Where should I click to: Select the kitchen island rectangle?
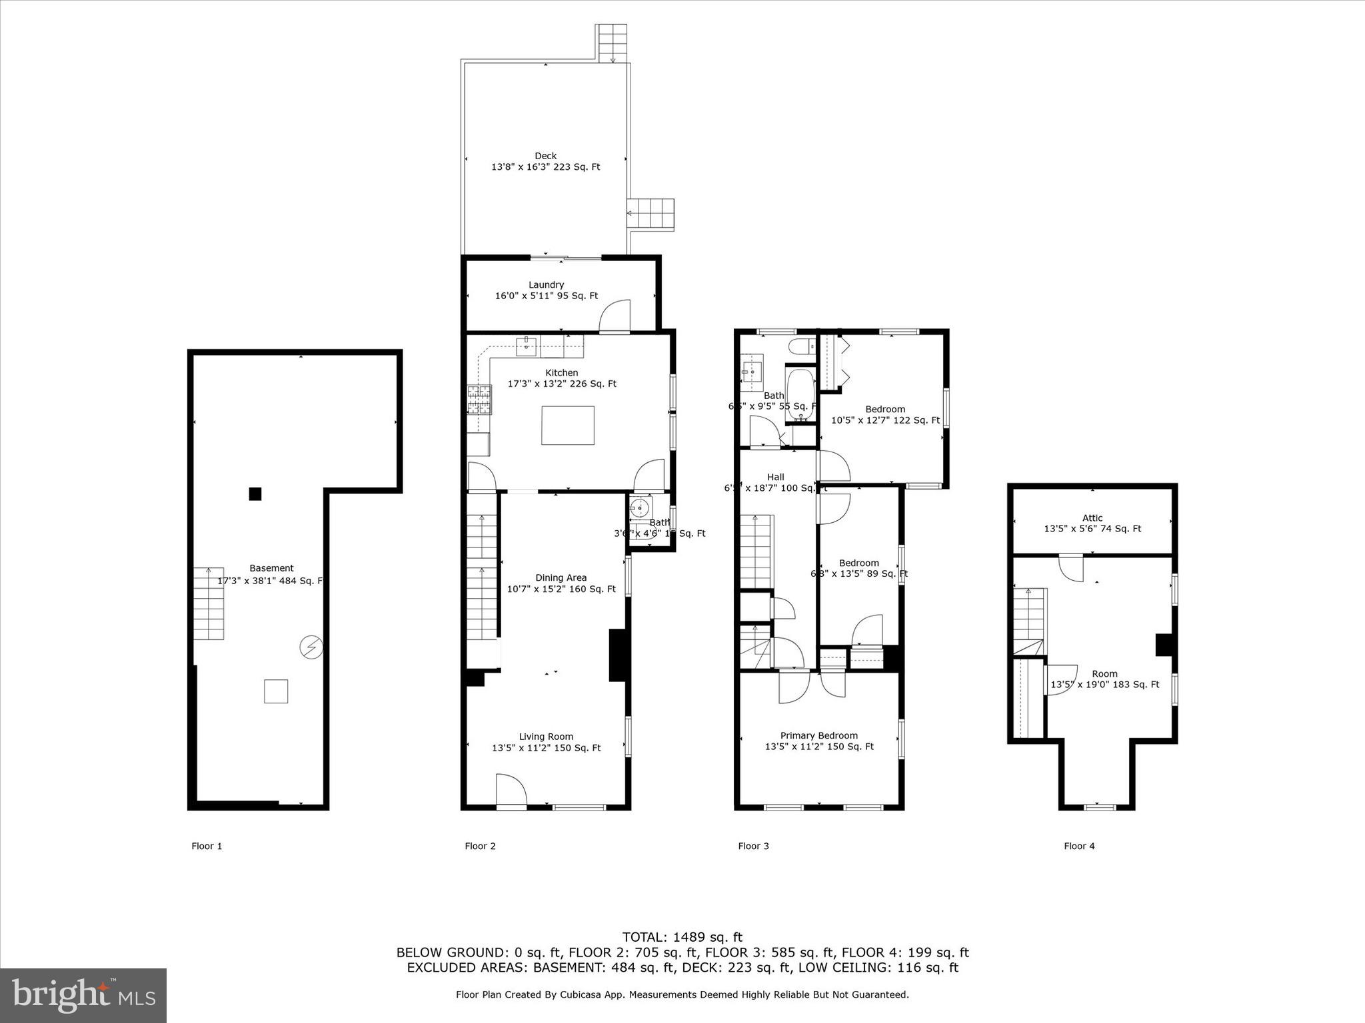click(x=568, y=426)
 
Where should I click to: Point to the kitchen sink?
click(x=527, y=344)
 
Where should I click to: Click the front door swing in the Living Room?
click(x=511, y=790)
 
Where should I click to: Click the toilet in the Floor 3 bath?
click(x=799, y=346)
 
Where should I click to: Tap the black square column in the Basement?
click(x=255, y=494)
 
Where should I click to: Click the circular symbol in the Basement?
click(x=311, y=647)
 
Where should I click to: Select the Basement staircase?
click(x=209, y=603)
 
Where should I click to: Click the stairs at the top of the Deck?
click(x=612, y=43)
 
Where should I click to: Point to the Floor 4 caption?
click(x=1079, y=846)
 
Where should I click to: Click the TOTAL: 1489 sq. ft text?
click(x=682, y=937)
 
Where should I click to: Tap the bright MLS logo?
click(x=83, y=995)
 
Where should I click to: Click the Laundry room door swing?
click(x=615, y=317)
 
